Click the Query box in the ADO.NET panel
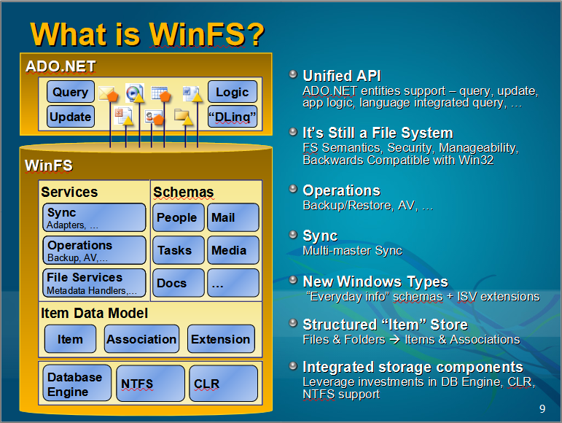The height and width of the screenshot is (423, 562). pyautogui.click(x=71, y=92)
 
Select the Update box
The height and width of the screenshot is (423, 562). pyautogui.click(x=71, y=117)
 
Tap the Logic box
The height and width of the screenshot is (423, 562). pyautogui.click(x=233, y=92)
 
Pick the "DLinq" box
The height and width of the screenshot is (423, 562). pyautogui.click(x=233, y=117)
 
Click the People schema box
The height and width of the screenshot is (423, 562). pyautogui.click(x=178, y=217)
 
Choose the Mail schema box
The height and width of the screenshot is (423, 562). pyautogui.click(x=233, y=217)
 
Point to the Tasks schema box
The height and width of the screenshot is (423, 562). pyautogui.click(x=178, y=250)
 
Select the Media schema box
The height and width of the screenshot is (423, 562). pyautogui.click(x=233, y=250)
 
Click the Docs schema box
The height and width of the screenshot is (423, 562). pyautogui.click(x=178, y=283)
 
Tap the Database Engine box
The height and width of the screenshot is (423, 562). pyautogui.click(x=77, y=383)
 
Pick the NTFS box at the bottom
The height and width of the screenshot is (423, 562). pyautogui.click(x=151, y=384)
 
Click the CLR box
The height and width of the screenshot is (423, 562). pyautogui.click(x=223, y=384)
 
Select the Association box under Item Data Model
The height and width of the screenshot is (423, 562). pyautogui.click(x=141, y=339)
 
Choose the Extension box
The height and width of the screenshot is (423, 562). pyautogui.click(x=221, y=339)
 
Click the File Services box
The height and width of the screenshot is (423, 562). pyautogui.click(x=94, y=283)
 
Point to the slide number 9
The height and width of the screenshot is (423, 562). pyautogui.click(x=542, y=409)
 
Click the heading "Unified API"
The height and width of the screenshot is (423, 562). pyautogui.click(x=342, y=76)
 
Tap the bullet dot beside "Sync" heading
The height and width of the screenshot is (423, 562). pyautogui.click(x=293, y=234)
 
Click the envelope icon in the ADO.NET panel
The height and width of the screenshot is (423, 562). pyautogui.click(x=106, y=93)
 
